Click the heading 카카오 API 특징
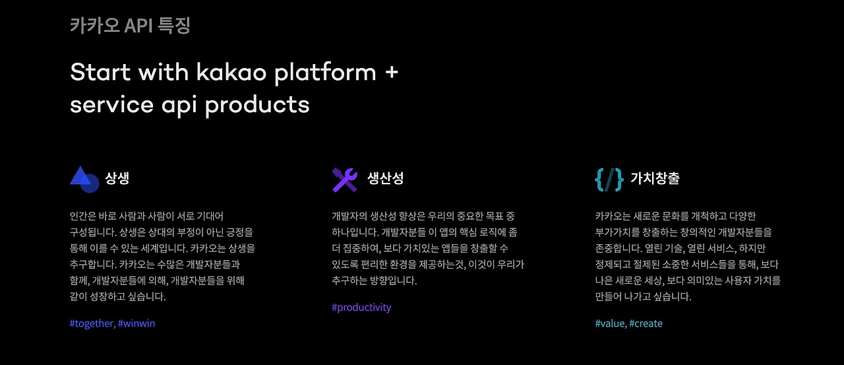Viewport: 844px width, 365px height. pos(130,26)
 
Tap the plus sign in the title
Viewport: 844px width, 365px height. pos(391,71)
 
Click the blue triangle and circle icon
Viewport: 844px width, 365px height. pos(84,179)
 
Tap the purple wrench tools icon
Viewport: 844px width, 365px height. pos(345,180)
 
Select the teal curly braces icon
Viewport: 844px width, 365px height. pos(609,179)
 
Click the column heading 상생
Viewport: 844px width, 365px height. pos(117,178)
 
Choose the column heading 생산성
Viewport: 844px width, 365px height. pos(385,178)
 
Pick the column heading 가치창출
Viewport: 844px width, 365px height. pos(655,178)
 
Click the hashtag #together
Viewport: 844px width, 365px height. pos(92,323)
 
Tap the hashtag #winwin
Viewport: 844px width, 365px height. pos(136,323)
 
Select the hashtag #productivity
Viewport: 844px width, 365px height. pos(361,308)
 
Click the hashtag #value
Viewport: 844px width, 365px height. pos(610,323)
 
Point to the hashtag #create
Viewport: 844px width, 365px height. pos(646,323)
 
